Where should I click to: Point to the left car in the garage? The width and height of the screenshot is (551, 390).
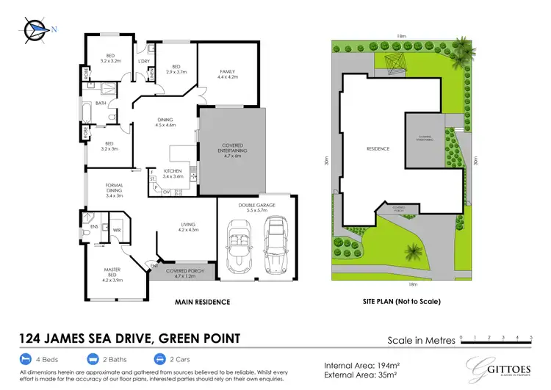pos(240,247)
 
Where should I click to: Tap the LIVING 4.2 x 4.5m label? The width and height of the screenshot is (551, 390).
pos(190,228)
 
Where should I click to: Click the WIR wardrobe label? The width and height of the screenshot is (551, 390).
pos(117,231)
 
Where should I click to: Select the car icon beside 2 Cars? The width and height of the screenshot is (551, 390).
pos(159,360)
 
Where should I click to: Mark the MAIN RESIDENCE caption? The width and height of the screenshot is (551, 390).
pos(202,302)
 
